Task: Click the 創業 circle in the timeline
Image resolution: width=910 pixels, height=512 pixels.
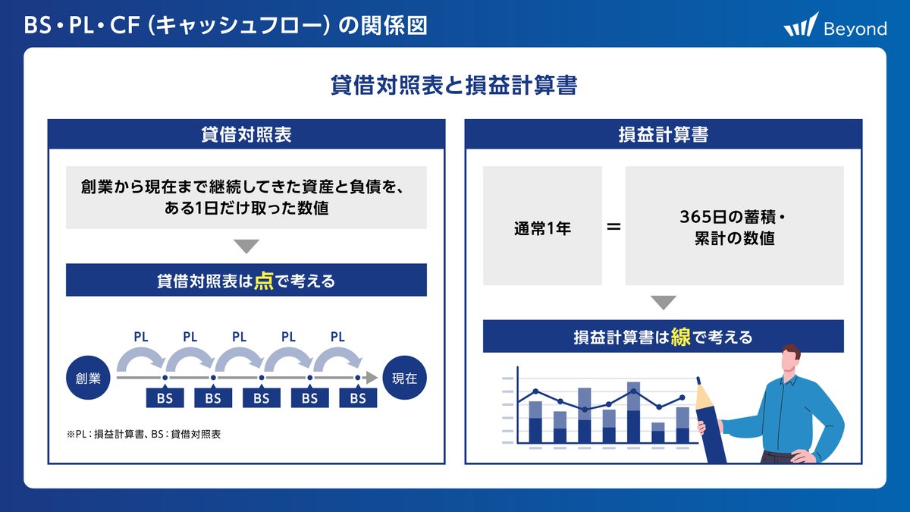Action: [88, 378]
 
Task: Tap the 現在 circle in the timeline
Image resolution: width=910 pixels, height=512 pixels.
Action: [404, 378]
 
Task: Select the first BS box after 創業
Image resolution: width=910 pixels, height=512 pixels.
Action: [165, 398]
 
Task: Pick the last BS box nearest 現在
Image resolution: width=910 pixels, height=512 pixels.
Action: [358, 398]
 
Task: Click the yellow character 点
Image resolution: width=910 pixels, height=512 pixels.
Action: [263, 281]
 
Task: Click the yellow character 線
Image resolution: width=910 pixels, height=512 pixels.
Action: [680, 336]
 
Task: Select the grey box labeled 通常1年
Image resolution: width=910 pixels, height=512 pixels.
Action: [542, 226]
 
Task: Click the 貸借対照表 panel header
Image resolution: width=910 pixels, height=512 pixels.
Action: [246, 134]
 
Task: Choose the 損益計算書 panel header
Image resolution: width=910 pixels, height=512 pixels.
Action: [664, 134]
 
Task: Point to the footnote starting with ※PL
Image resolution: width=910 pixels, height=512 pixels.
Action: [143, 435]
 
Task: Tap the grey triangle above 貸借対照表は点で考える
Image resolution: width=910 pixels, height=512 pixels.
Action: [246, 247]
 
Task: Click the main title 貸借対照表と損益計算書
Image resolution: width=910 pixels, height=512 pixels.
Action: [454, 86]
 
